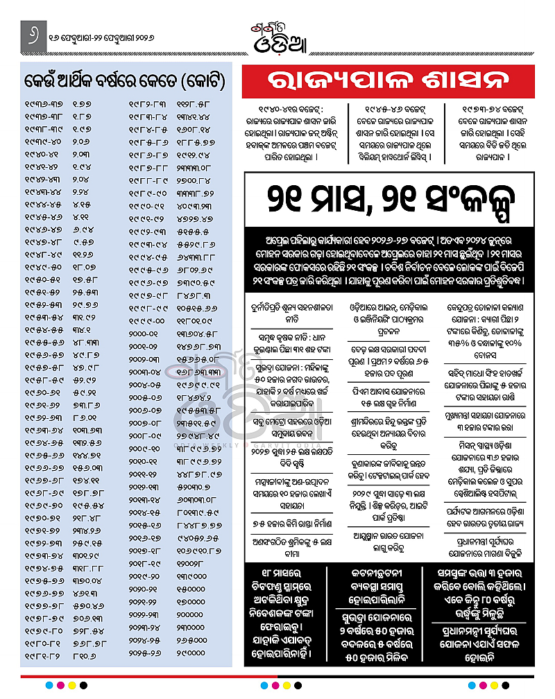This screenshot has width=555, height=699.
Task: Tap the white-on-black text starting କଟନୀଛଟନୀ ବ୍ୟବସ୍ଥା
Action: tap(388, 582)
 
